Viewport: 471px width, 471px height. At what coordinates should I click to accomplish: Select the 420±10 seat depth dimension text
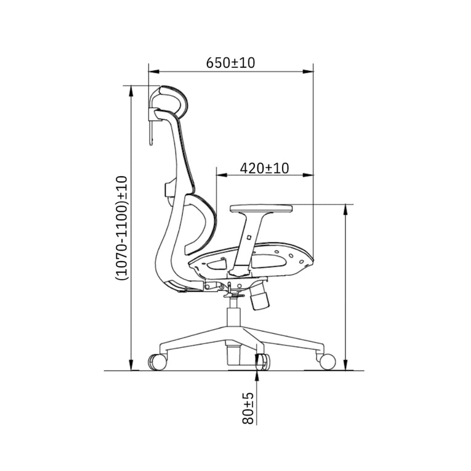click(x=264, y=167)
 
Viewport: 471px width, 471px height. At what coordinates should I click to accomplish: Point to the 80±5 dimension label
click(x=248, y=408)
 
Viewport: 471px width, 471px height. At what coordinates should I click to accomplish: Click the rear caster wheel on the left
click(x=158, y=361)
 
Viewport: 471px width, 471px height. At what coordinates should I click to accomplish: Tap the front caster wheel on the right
click(x=326, y=361)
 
